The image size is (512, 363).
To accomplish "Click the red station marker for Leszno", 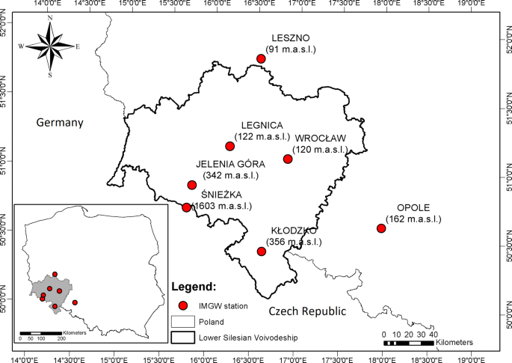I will point(261,58).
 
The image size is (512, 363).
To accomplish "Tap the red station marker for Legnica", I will point(230,146).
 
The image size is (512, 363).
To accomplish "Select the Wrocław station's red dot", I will point(288,159).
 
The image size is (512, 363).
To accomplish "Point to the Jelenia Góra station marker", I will point(191,185).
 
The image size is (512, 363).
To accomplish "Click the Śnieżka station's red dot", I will point(186,207).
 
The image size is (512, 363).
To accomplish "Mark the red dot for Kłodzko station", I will point(262,251).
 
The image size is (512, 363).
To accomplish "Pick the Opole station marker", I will point(381,228).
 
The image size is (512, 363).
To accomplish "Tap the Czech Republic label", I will point(307,311).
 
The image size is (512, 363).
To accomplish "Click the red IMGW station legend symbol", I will point(182,306).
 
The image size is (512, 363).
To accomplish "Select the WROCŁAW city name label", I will point(320,138).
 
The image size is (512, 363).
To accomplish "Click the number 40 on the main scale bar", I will point(434,334).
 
